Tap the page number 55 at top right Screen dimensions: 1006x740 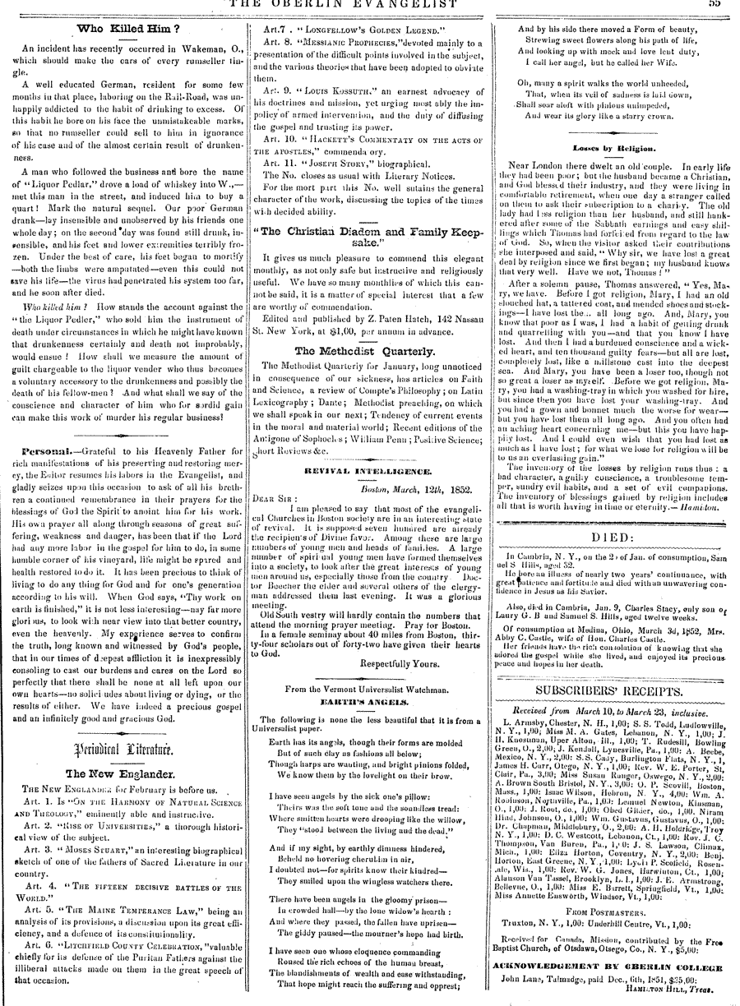(x=714, y=4)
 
